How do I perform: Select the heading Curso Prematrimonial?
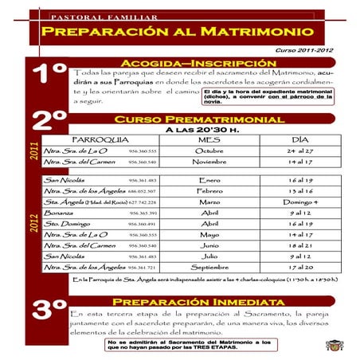(x=199, y=119)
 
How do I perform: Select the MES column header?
(x=209, y=139)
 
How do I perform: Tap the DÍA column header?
(x=300, y=139)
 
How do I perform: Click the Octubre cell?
(x=209, y=150)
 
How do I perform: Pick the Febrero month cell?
(x=209, y=192)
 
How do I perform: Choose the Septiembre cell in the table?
(x=209, y=268)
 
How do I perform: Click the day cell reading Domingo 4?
(x=301, y=203)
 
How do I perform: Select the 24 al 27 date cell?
(x=301, y=150)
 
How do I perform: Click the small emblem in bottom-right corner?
(x=334, y=344)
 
